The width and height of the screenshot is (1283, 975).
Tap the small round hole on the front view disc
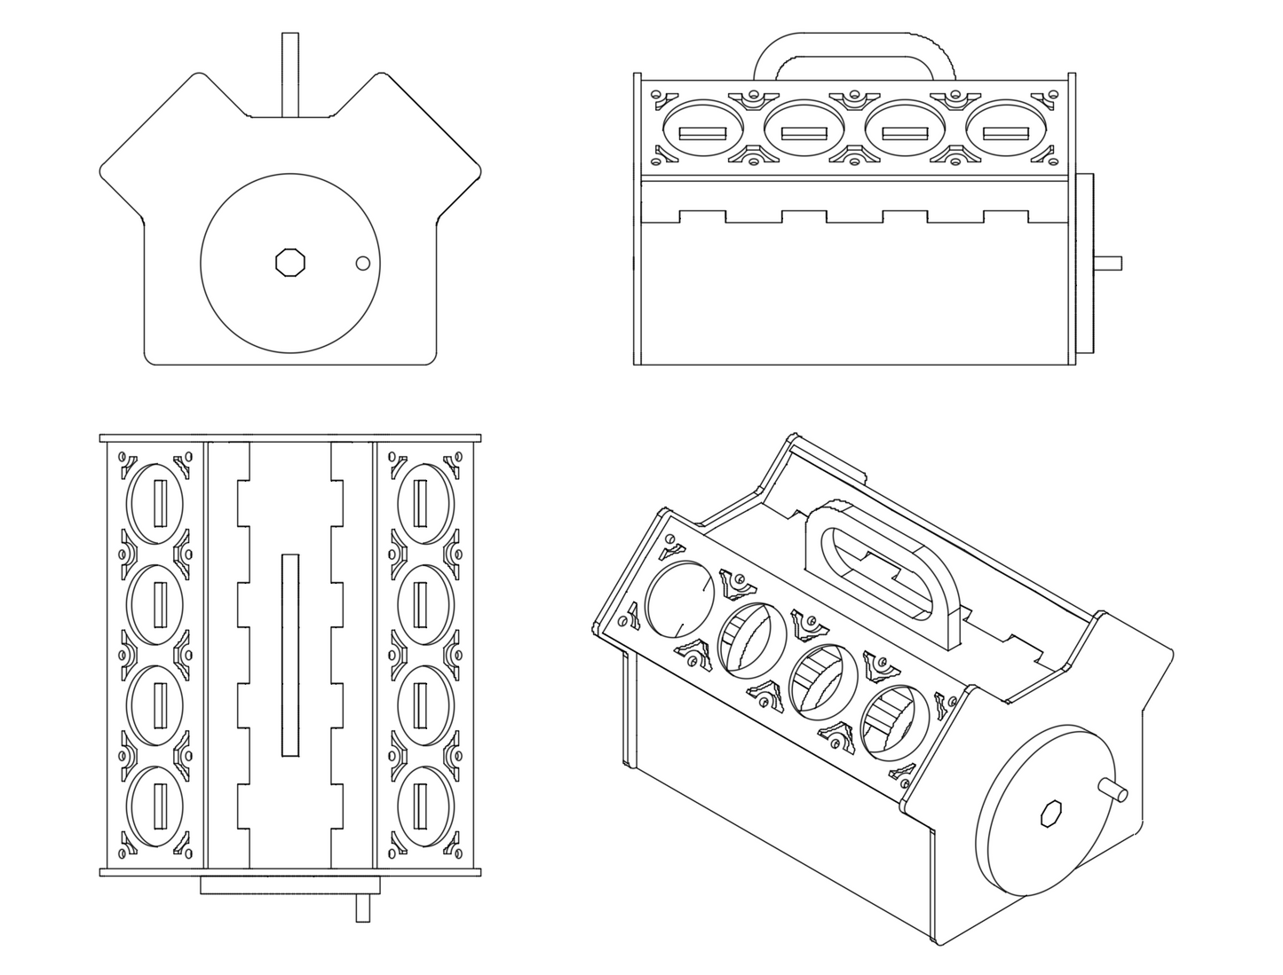pos(362,263)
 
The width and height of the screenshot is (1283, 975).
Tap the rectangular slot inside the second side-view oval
pos(804,134)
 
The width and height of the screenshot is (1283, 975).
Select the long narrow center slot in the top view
pos(289,656)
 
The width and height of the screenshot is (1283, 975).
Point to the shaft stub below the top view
pos(362,908)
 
